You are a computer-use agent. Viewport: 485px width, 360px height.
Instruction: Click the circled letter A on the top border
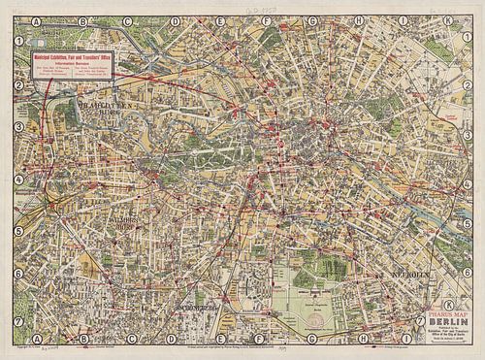pos(36,19)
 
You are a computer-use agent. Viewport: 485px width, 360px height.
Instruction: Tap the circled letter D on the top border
pos(175,19)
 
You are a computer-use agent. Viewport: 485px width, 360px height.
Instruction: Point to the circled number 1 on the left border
pos(18,40)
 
